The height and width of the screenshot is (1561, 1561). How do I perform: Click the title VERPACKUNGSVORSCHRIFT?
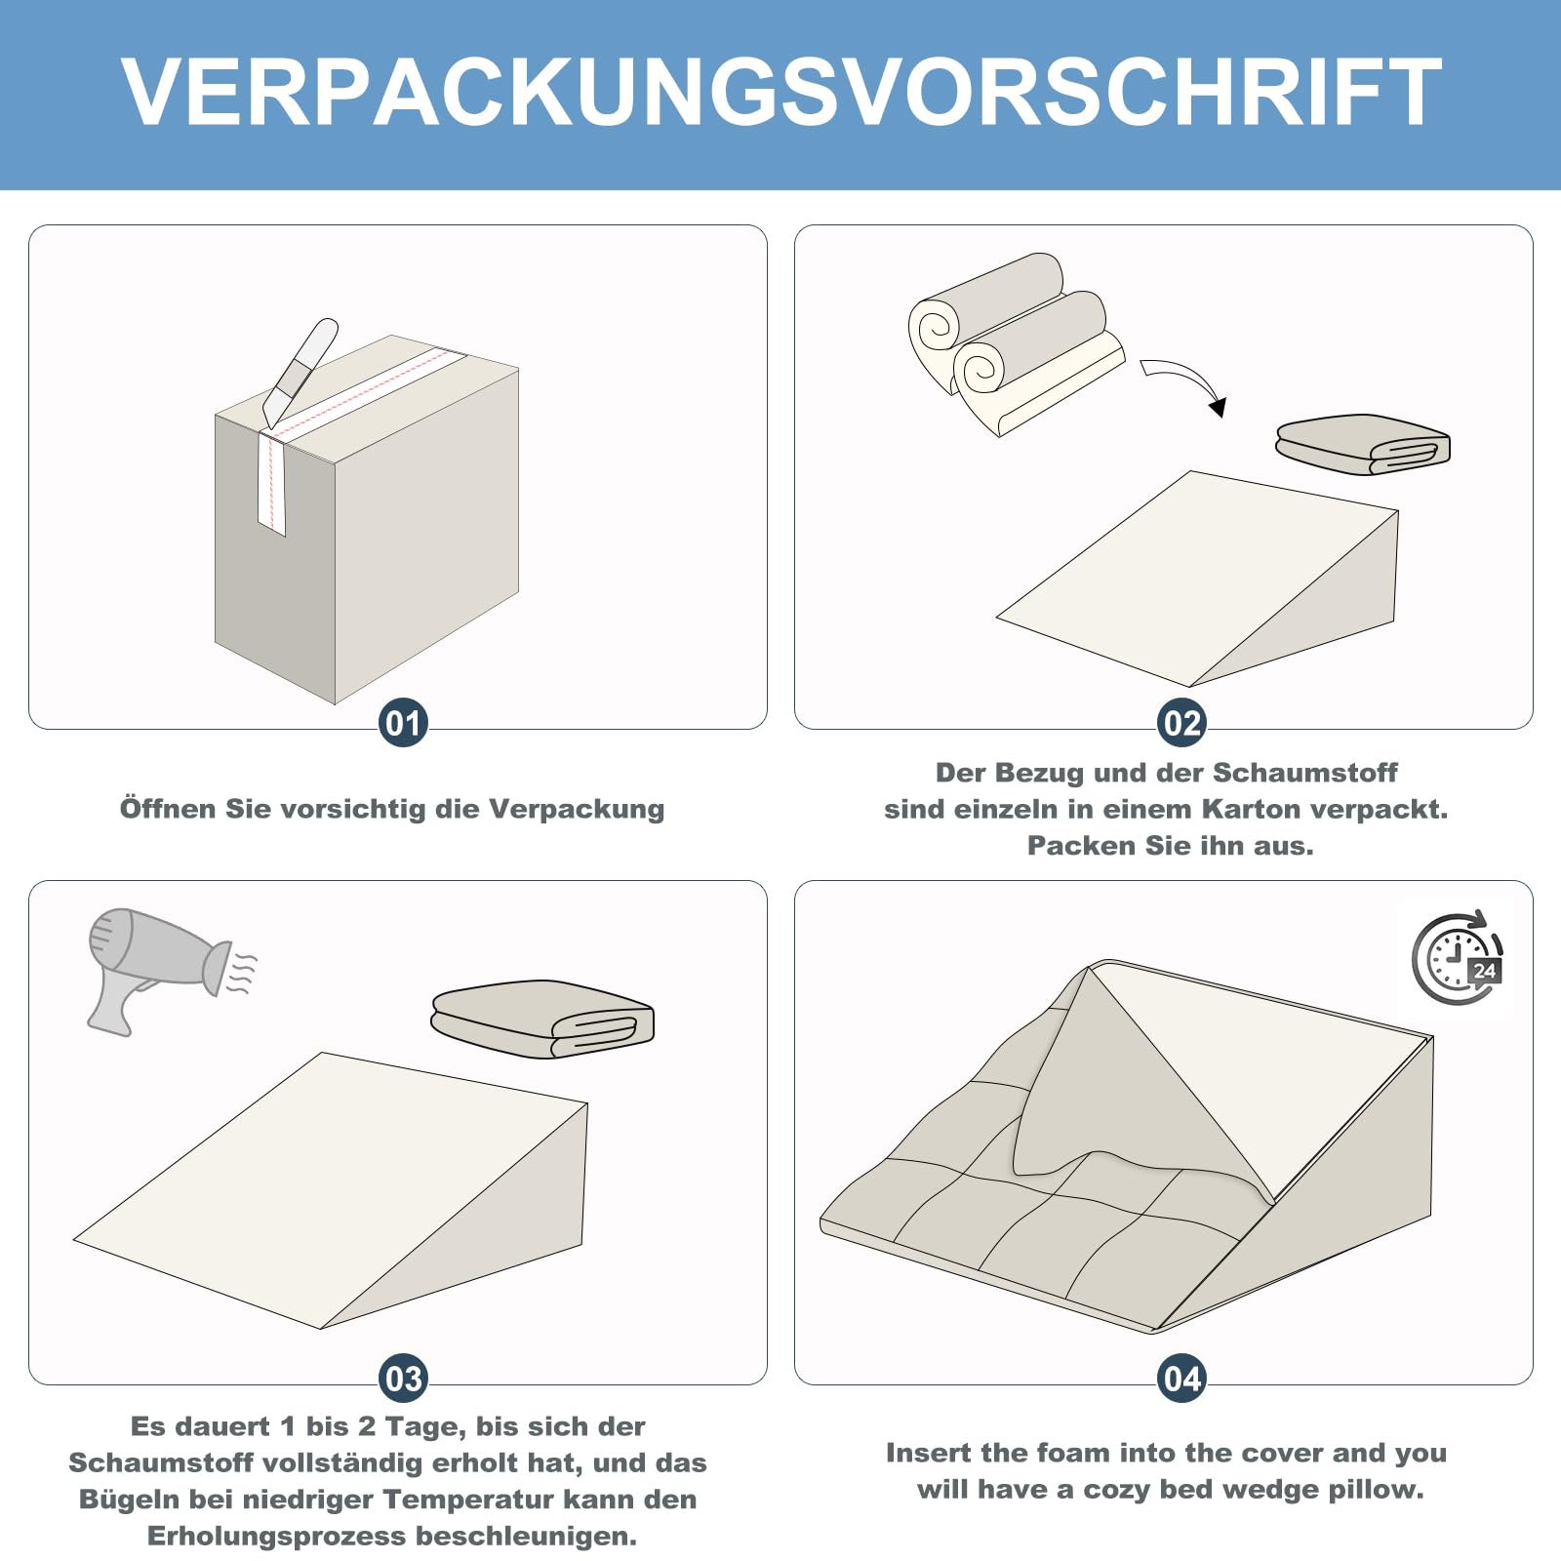(780, 93)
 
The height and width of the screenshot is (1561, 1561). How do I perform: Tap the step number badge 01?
(403, 723)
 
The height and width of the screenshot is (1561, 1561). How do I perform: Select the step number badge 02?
(1181, 723)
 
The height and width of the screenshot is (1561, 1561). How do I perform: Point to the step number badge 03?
(403, 1379)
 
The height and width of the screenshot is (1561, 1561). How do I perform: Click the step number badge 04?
(1181, 1379)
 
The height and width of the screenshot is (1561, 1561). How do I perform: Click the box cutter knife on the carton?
(300, 372)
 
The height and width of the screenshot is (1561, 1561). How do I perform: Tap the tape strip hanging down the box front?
(271, 483)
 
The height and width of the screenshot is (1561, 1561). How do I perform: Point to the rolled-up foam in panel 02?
(1015, 341)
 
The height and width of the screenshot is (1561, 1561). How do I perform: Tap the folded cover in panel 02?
(1363, 444)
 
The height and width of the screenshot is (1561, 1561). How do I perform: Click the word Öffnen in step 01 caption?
(168, 809)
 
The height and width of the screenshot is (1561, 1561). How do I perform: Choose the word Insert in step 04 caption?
(928, 1453)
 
